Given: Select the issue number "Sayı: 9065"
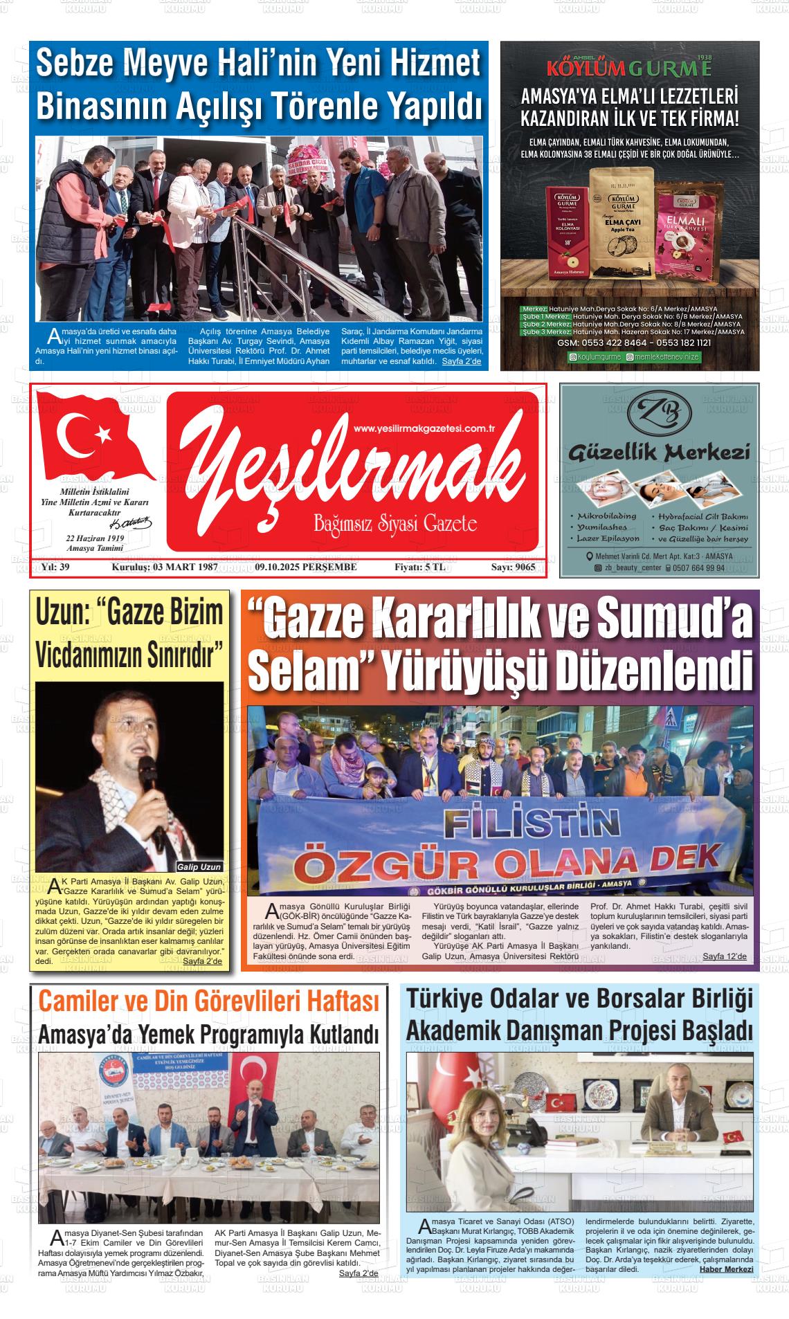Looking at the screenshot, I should click(x=513, y=567).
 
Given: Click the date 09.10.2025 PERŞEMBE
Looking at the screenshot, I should click(x=306, y=567).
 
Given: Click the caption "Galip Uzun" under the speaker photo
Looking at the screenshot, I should click(x=199, y=866).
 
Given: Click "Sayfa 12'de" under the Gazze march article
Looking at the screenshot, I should click(x=725, y=956).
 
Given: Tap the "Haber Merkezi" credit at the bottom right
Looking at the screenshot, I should click(x=726, y=1269).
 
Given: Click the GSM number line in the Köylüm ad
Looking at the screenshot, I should click(x=633, y=343).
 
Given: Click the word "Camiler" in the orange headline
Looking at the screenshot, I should click(x=78, y=1001).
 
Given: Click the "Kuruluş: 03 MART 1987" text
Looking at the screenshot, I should click(x=165, y=567).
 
